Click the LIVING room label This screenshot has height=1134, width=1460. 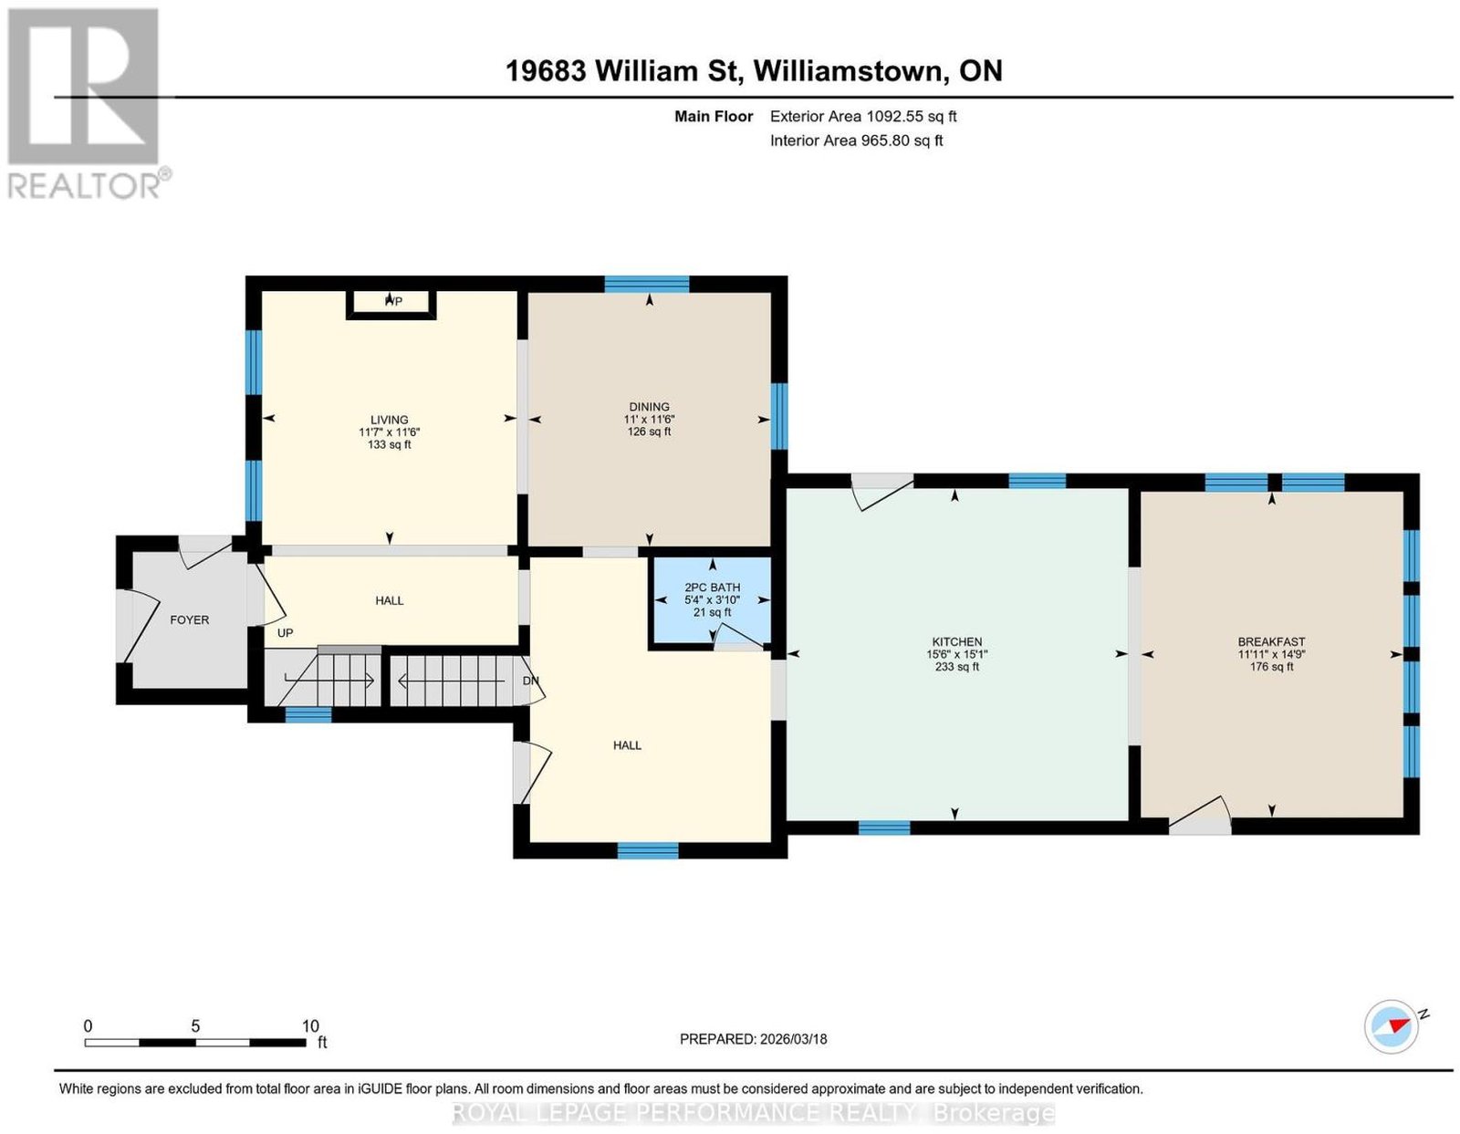389,420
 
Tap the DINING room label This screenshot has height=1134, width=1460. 649,406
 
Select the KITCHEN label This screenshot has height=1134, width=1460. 956,642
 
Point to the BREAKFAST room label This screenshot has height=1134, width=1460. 1271,642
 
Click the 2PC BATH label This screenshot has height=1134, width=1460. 712,588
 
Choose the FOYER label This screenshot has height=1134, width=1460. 189,619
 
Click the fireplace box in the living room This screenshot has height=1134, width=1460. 391,304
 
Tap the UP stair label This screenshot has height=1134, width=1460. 285,632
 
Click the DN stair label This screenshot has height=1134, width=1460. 531,681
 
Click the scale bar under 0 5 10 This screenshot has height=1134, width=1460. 195,1043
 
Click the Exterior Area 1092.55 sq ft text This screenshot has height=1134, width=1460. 862,116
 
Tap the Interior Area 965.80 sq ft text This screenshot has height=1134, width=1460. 856,140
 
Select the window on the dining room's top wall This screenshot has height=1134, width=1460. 646,284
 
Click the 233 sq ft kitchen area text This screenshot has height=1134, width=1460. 956,667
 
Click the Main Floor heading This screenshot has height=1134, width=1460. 714,116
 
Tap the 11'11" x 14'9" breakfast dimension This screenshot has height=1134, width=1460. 1271,654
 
